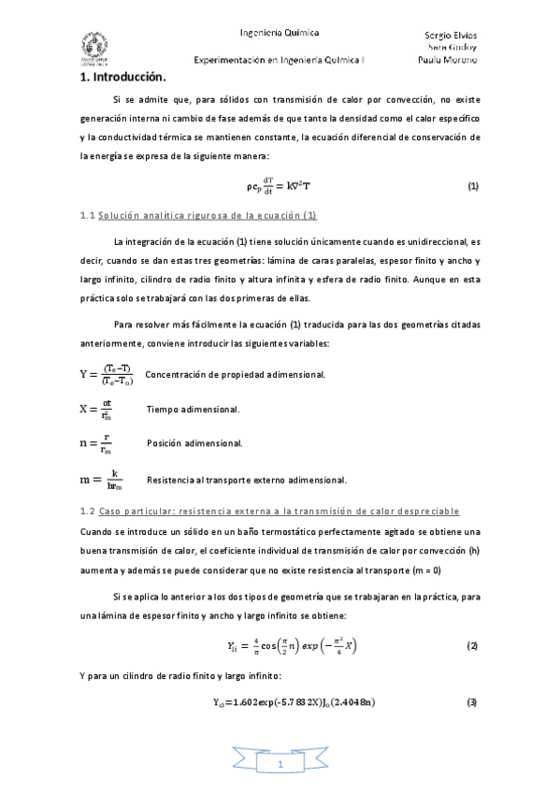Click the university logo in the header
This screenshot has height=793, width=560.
click(93, 46)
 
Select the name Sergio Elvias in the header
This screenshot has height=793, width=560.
click(452, 35)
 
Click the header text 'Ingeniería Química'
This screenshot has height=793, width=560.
click(280, 32)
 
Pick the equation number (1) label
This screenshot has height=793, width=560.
click(473, 185)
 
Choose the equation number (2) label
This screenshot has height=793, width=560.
click(473, 647)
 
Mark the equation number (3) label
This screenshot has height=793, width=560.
click(473, 702)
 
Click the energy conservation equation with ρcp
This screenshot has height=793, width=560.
click(279, 185)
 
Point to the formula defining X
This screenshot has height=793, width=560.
click(95, 410)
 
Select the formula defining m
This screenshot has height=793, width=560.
click(103, 480)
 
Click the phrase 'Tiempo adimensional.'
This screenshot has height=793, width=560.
click(194, 410)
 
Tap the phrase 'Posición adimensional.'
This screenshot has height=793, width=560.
click(195, 442)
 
